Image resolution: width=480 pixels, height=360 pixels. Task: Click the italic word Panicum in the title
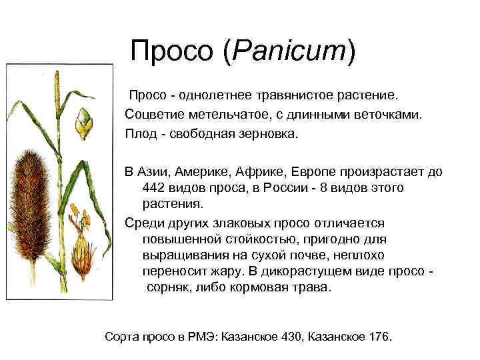click(289, 50)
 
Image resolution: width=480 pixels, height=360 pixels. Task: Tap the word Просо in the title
click(171, 50)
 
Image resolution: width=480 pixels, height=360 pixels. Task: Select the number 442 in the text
click(153, 187)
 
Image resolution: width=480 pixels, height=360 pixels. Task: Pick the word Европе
click(313, 173)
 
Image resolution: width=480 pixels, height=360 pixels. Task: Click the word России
click(285, 187)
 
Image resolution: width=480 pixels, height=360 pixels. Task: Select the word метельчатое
click(228, 115)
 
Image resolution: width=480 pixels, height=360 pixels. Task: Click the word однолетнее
click(215, 95)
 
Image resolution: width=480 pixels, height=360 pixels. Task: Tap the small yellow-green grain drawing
click(84, 123)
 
